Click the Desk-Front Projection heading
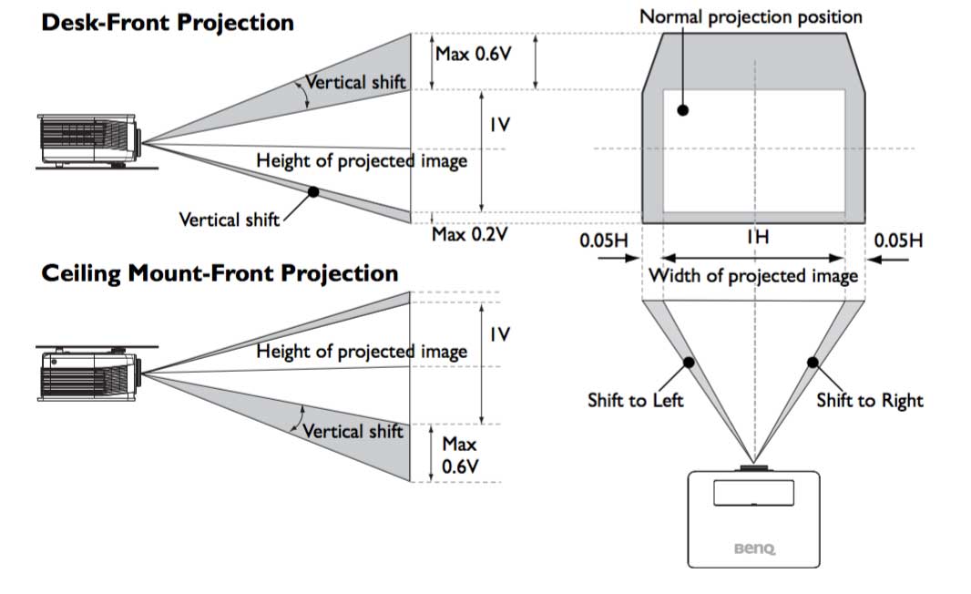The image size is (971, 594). click(168, 22)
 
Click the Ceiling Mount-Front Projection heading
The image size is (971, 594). click(220, 272)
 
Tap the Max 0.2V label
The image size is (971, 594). click(470, 234)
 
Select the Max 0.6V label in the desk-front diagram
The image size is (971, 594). click(474, 53)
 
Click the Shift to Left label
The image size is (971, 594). click(635, 400)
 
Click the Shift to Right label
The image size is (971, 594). click(869, 400)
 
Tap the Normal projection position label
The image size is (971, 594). click(751, 16)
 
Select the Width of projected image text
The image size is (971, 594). click(753, 275)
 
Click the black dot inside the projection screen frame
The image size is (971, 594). click(682, 110)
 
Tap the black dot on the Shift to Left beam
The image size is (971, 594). click(690, 362)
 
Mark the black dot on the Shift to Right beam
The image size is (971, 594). click(813, 362)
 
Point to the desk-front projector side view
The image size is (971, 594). click(92, 142)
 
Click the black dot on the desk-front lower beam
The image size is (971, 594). click(313, 191)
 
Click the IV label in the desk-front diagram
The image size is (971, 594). click(499, 125)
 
